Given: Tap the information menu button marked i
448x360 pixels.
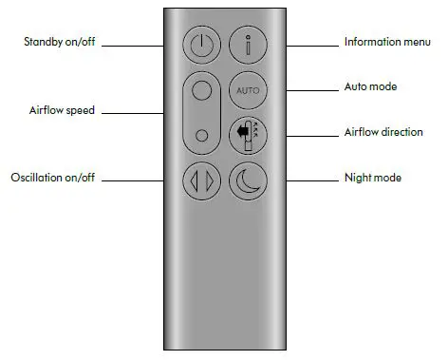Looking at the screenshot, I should point(247,44).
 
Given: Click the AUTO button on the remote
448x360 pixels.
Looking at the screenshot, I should point(247,91).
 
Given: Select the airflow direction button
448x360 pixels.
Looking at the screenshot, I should point(247,134).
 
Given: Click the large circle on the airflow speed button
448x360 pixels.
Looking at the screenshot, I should point(200,93).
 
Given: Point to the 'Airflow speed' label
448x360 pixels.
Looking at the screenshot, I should point(62,111).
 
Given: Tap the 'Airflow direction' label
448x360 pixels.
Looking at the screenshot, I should point(383,132).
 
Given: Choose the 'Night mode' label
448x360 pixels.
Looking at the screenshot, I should point(372,178).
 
